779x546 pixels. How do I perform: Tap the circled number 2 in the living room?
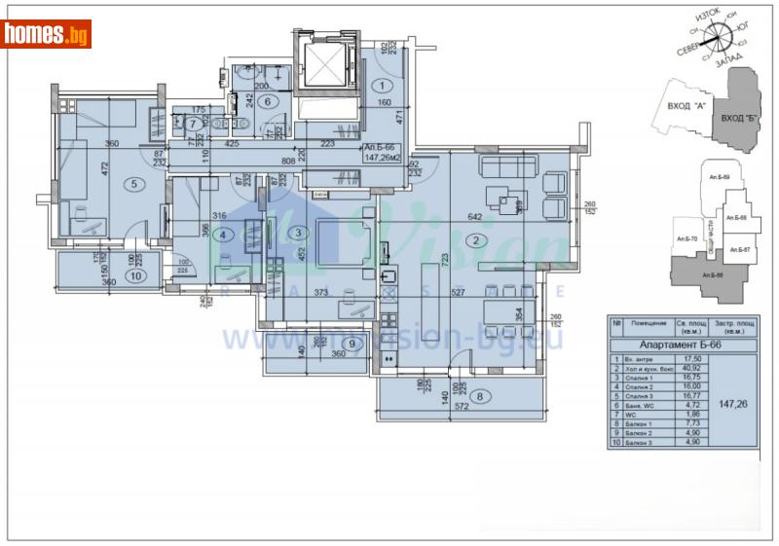pyautogui.click(x=476, y=240)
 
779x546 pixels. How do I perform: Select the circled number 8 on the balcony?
pyautogui.click(x=481, y=396)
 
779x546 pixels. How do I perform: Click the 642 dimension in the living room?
pyautogui.click(x=475, y=217)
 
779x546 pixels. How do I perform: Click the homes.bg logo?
pyautogui.click(x=47, y=35)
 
